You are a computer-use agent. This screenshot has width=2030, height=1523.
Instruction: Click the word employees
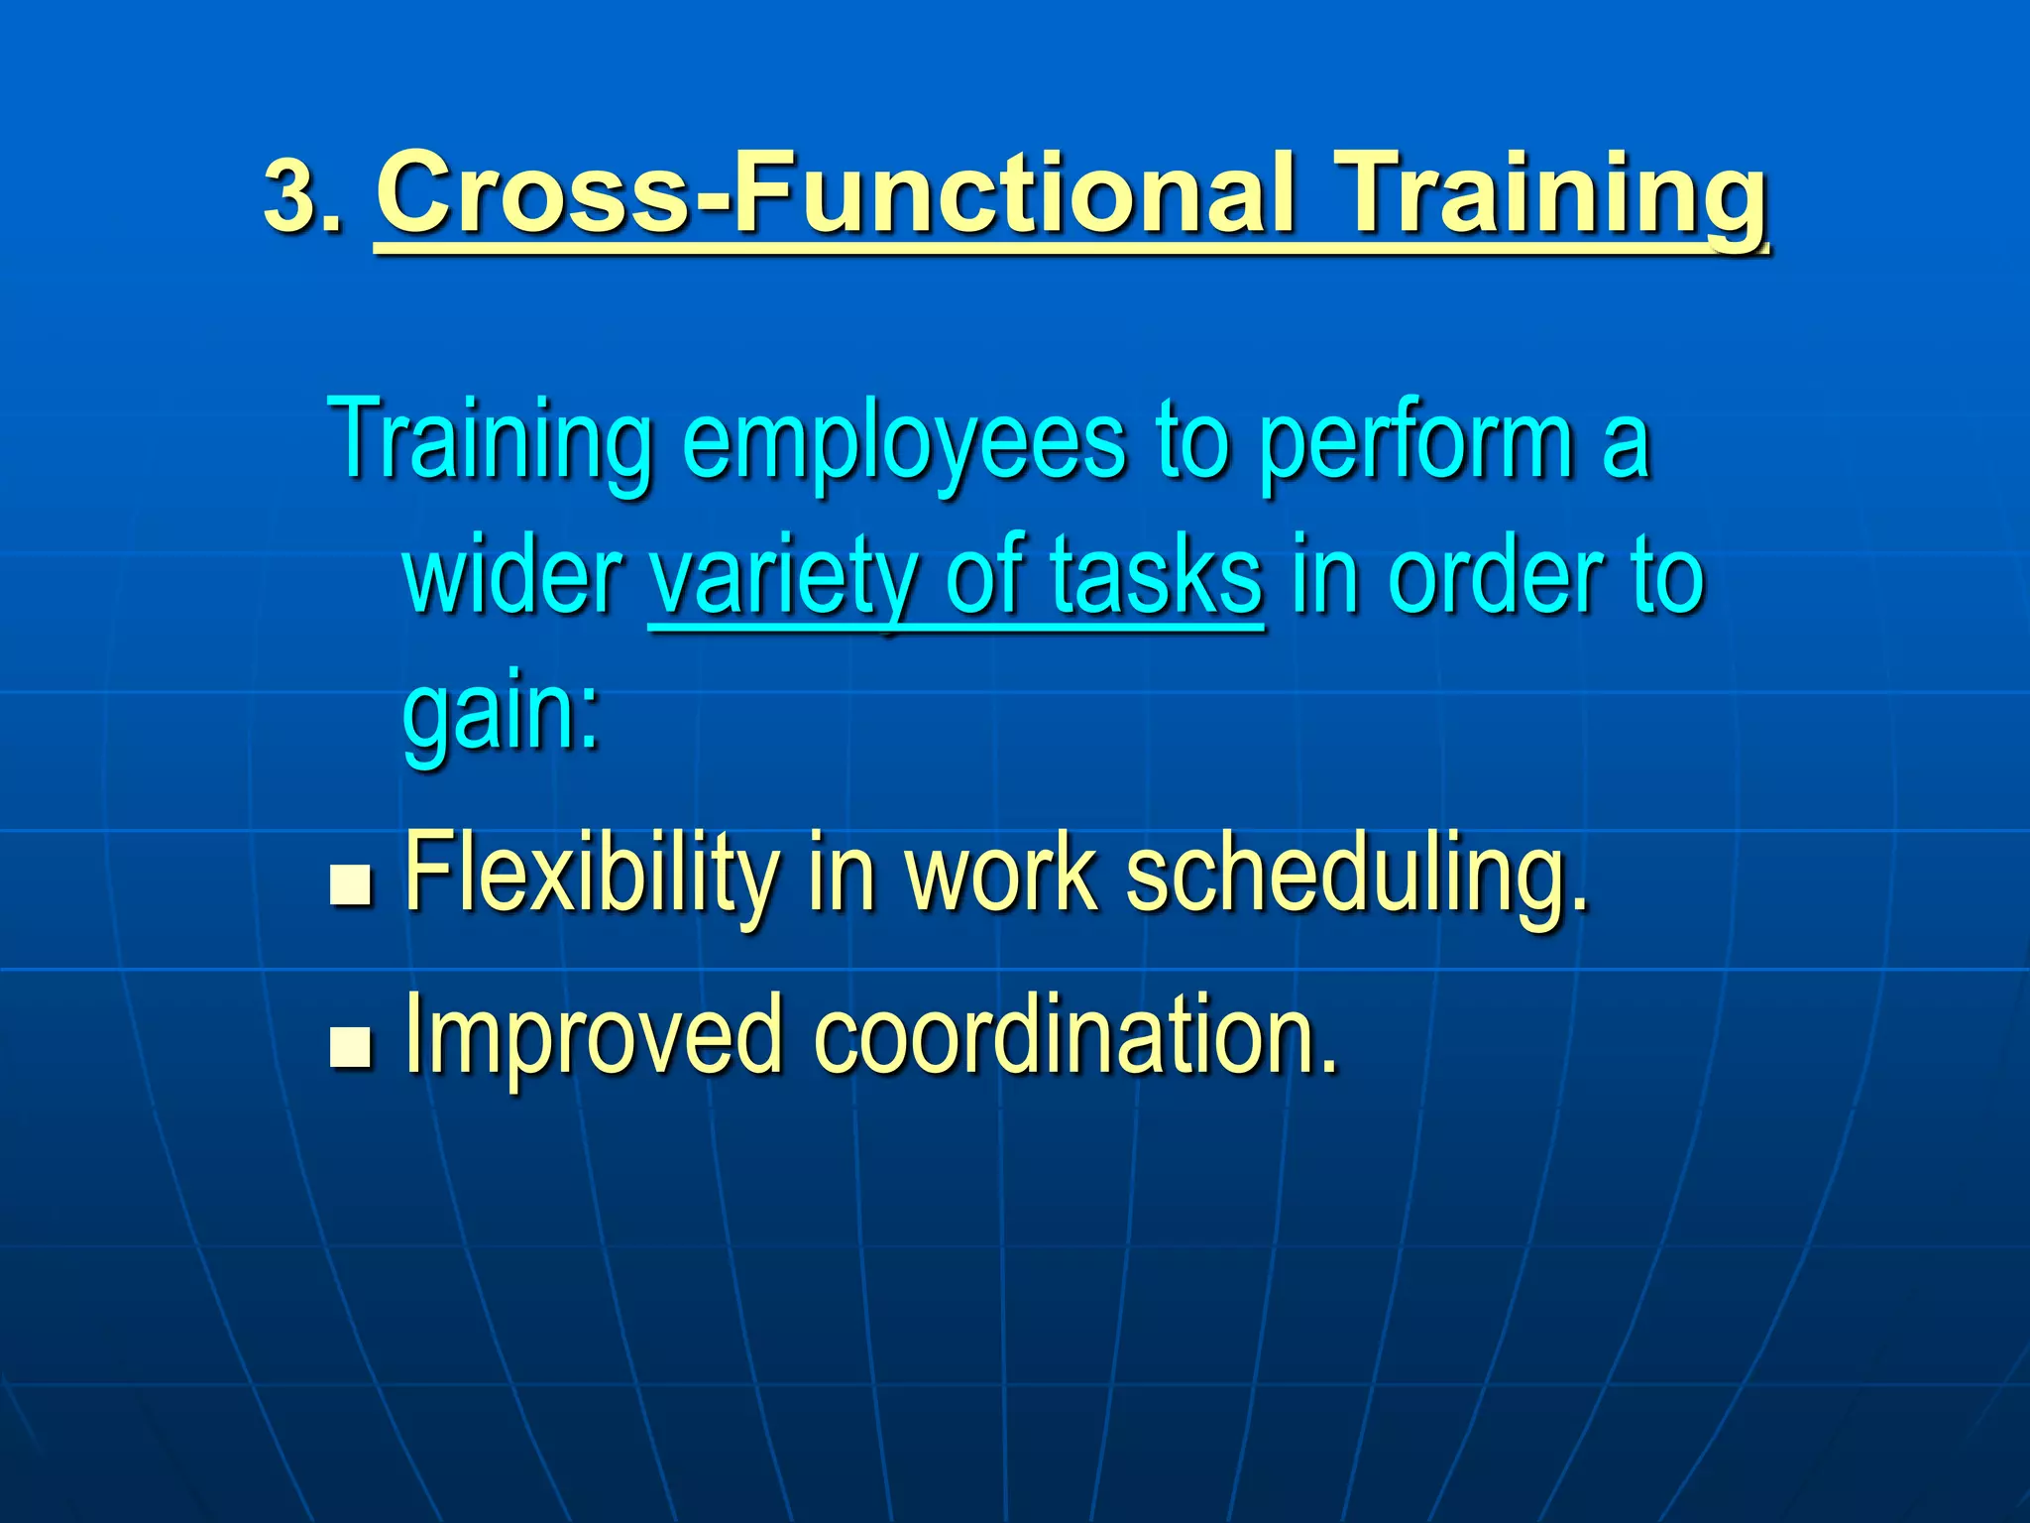pos(903,443)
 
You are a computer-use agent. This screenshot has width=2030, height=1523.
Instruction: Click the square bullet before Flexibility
pos(350,885)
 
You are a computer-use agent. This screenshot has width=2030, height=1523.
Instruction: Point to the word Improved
pos(594,1037)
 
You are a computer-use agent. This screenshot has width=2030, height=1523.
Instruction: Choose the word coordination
pos(1074,1035)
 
